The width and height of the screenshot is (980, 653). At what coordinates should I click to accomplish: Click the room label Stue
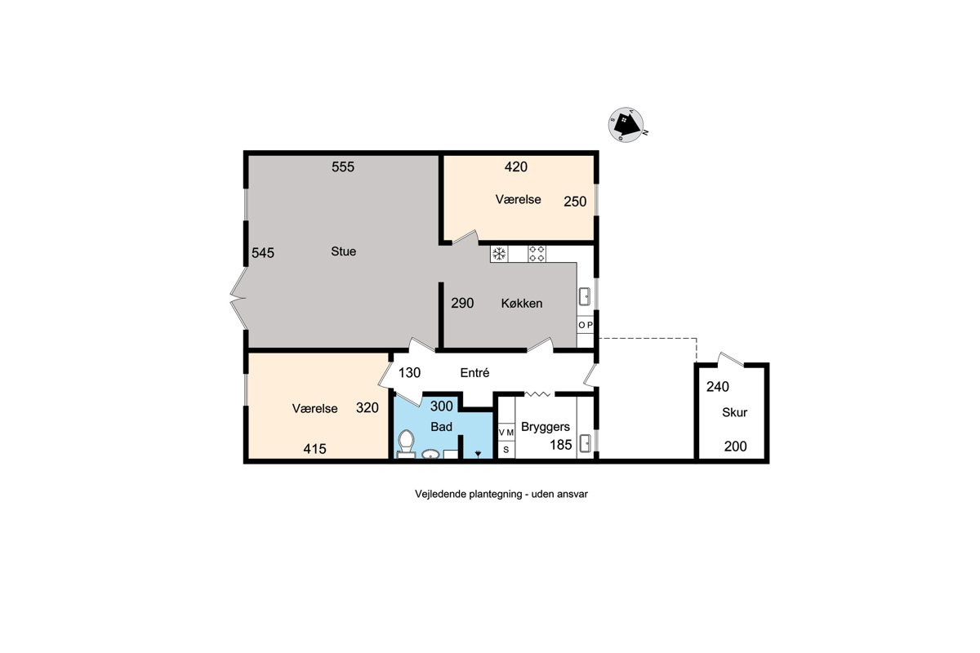click(x=344, y=251)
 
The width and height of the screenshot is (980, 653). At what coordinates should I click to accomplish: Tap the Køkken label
click(x=522, y=303)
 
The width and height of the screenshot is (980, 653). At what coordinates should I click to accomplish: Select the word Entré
click(x=474, y=373)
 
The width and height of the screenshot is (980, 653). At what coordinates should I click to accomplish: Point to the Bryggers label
click(x=546, y=427)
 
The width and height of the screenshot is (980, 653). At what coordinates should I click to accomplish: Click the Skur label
click(x=734, y=412)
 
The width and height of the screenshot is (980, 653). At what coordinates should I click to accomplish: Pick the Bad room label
click(x=441, y=427)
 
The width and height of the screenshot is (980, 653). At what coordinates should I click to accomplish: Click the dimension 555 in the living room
click(x=343, y=167)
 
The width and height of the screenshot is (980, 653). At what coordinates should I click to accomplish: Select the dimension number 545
click(x=263, y=253)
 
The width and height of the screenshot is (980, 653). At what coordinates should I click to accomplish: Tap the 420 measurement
click(x=516, y=167)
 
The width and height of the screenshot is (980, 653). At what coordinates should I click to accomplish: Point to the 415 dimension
click(x=315, y=449)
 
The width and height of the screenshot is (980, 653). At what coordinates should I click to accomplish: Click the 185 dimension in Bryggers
click(x=561, y=445)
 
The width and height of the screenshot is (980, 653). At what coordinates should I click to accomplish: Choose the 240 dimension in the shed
click(x=718, y=387)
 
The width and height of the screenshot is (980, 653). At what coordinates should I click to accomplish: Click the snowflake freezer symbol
click(x=499, y=254)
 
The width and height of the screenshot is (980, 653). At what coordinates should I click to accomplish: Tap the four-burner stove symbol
click(x=537, y=254)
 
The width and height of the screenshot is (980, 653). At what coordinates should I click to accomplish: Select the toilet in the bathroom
click(x=406, y=443)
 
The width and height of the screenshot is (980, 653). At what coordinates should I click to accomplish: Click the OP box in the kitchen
click(x=586, y=325)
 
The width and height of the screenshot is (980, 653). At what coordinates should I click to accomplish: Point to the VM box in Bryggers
click(x=506, y=432)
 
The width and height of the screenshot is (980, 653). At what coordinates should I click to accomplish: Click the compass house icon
click(x=626, y=125)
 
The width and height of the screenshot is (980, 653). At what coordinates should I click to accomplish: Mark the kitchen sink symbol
click(x=585, y=296)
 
